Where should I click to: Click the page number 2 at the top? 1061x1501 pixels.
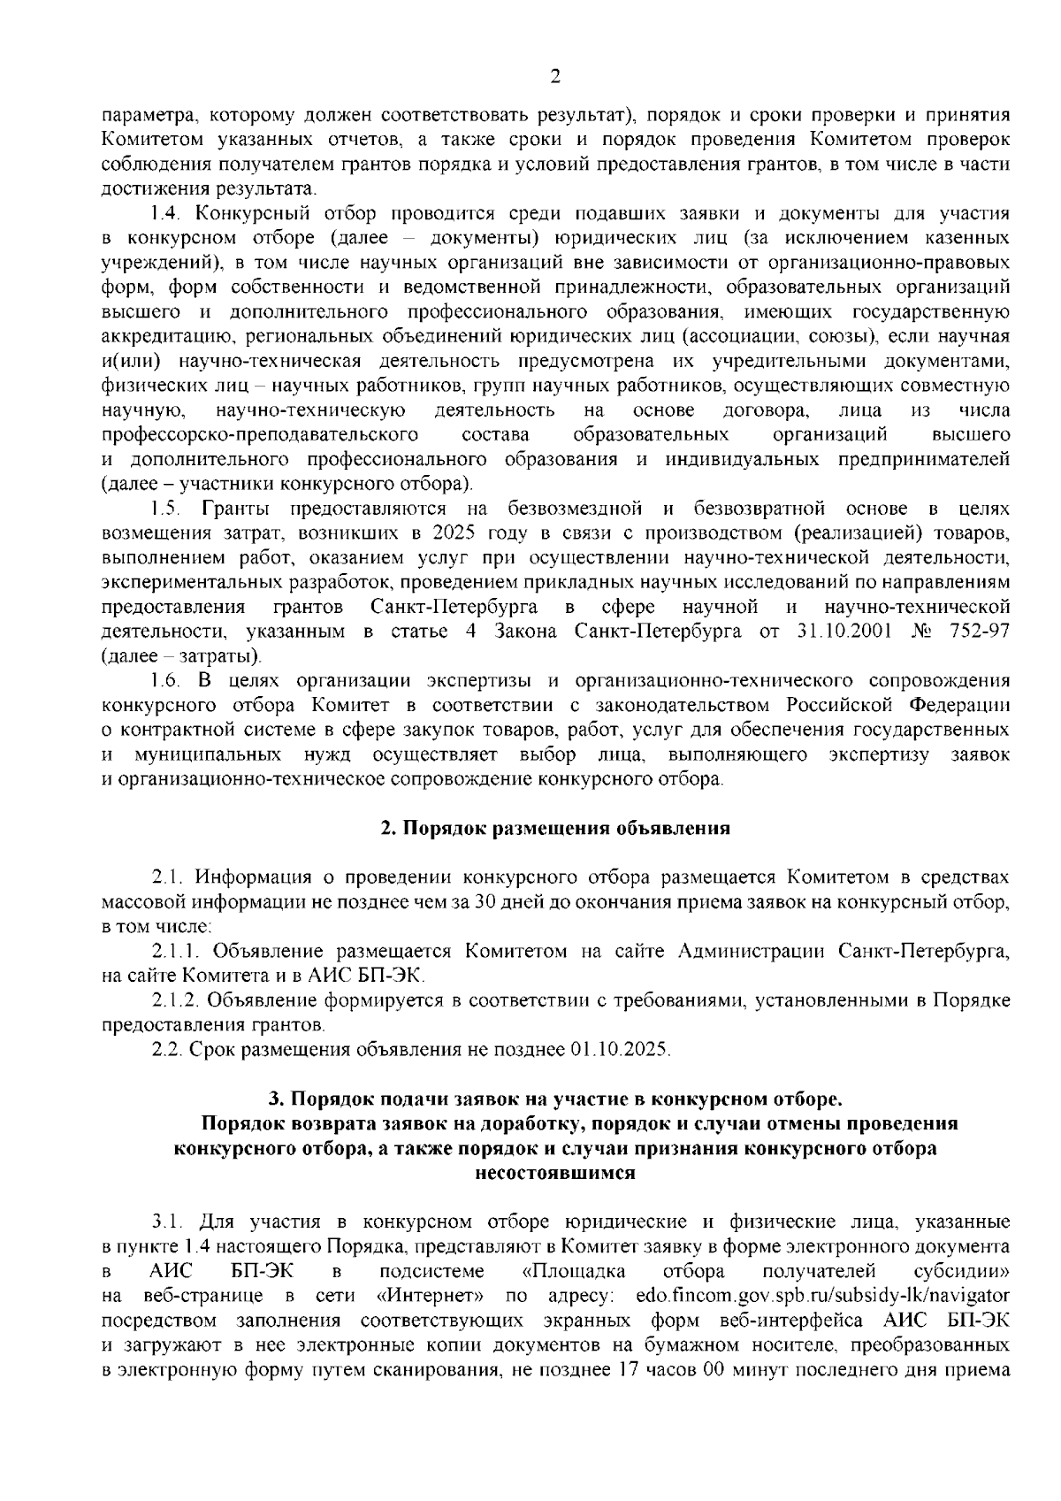tap(554, 77)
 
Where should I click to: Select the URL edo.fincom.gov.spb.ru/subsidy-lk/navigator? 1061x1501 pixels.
tap(822, 1296)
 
